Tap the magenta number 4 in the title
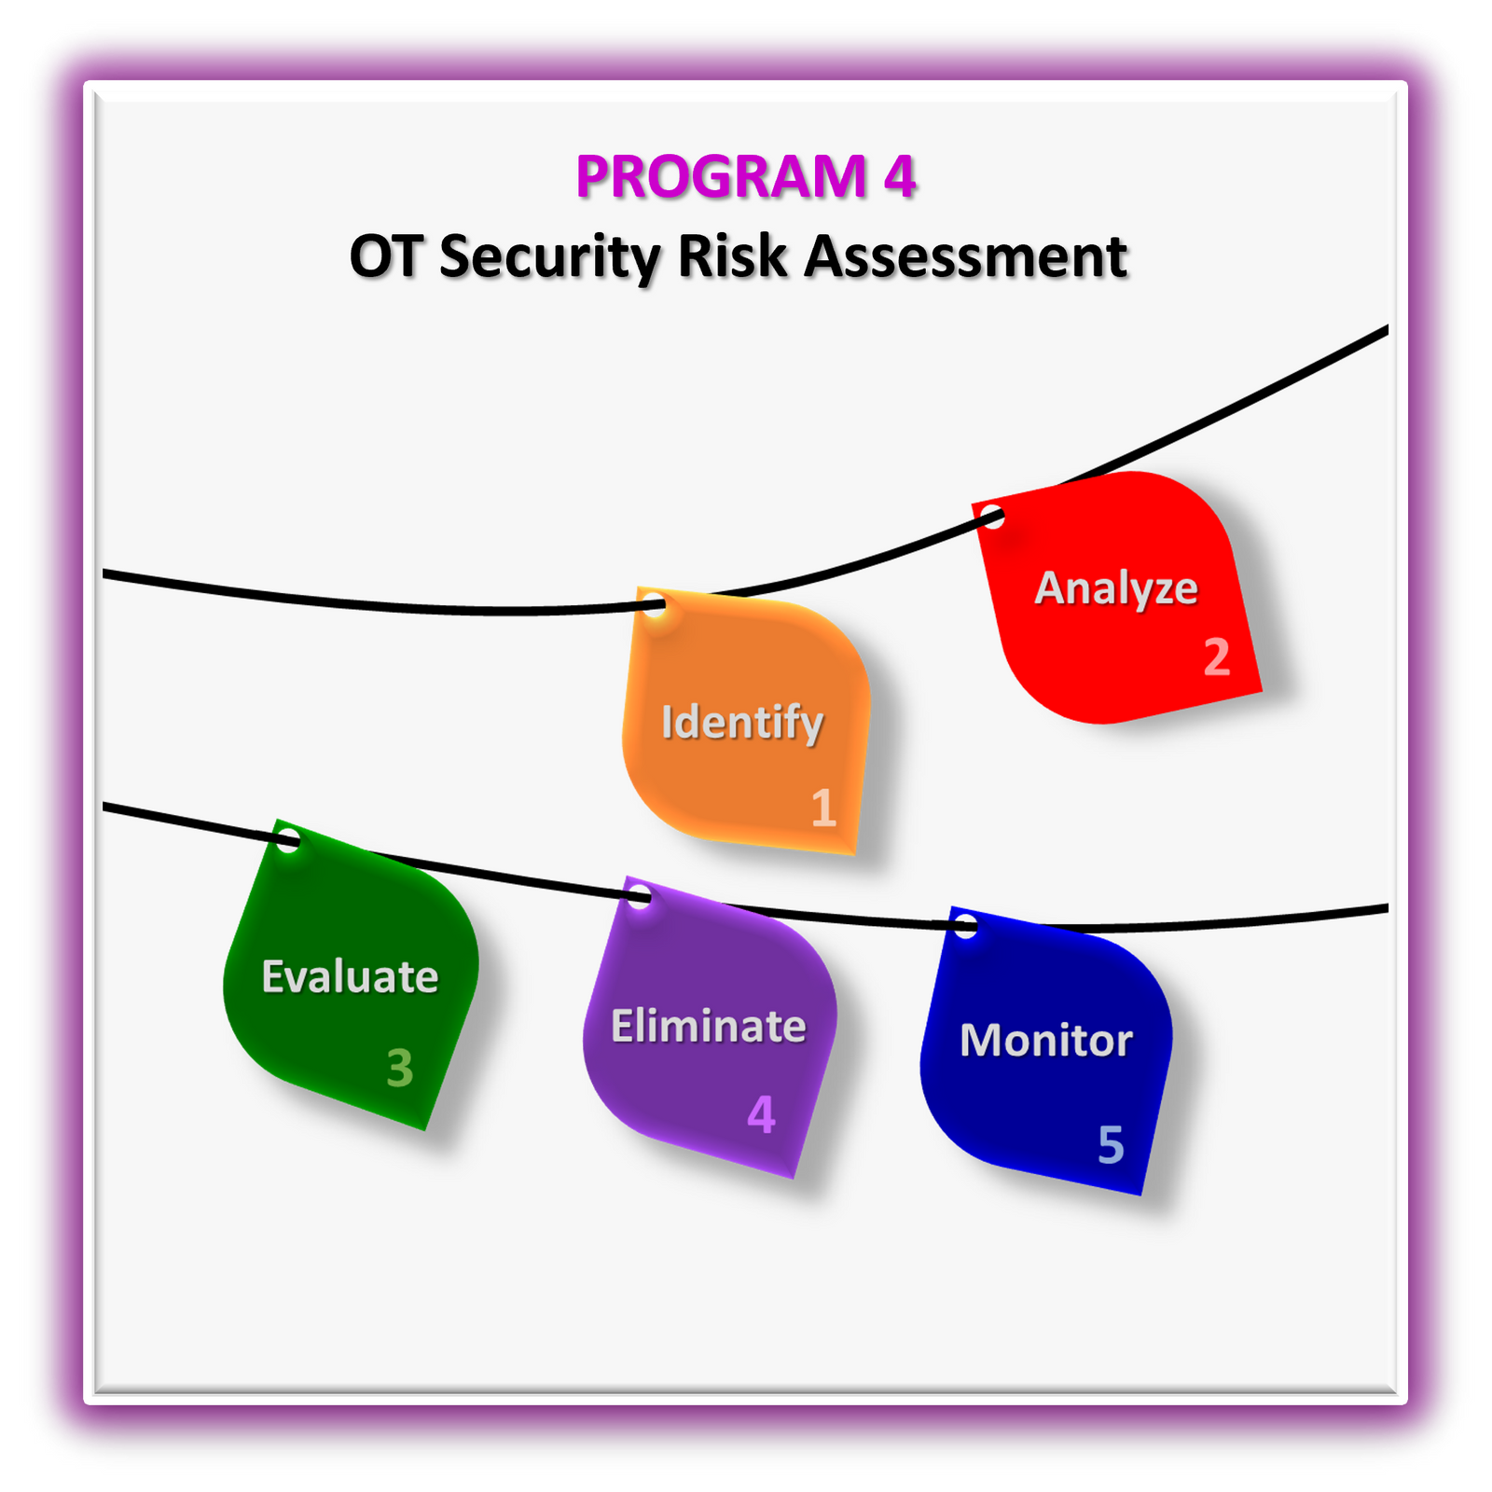900,176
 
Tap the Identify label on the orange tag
742,723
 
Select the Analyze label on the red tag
1116,589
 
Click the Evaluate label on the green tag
350,977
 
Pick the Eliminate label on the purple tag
709,1027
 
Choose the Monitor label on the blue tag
1046,1041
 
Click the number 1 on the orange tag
823,808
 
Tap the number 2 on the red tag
1217,657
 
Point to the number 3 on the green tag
400,1069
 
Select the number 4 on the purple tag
762,1114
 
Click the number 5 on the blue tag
1111,1144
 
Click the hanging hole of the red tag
994,517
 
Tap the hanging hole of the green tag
289,839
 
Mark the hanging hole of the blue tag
966,926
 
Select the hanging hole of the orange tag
655,604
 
